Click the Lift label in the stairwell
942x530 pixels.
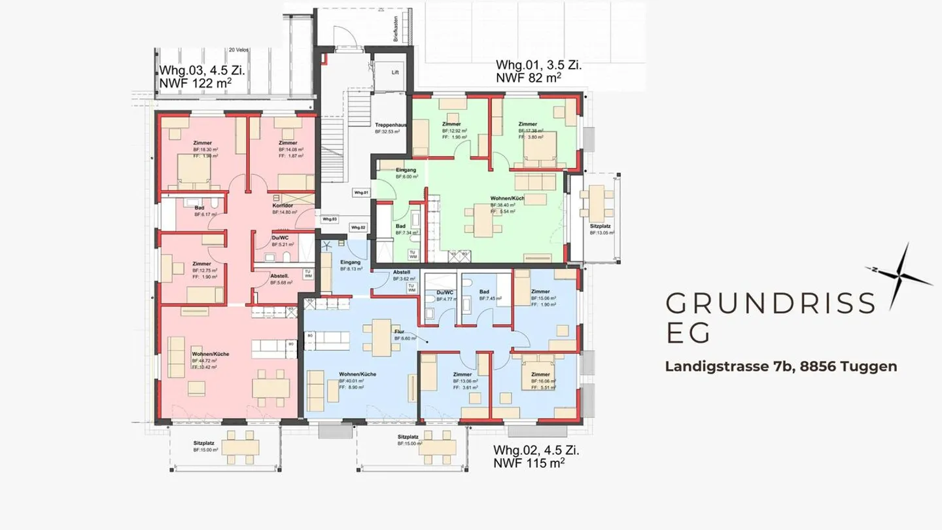click(395, 73)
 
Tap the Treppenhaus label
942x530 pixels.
click(391, 124)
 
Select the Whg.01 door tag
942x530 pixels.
click(362, 193)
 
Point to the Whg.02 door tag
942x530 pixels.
click(358, 227)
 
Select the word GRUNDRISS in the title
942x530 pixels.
click(770, 304)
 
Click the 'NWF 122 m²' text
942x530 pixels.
click(196, 84)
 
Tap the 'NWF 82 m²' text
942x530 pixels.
click(529, 78)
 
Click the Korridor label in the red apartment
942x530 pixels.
click(283, 205)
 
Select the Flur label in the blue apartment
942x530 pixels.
click(399, 332)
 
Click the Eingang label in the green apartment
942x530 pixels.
click(406, 170)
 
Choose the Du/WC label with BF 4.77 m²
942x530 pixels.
click(444, 292)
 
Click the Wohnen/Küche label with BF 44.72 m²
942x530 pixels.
click(210, 354)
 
